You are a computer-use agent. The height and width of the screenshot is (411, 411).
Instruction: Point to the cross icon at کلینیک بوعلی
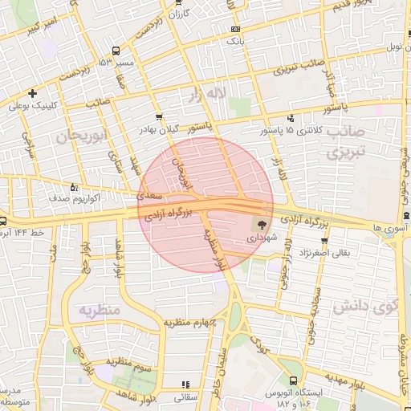[32, 93]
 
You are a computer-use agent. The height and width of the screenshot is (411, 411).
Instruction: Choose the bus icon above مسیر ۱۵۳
[118, 51]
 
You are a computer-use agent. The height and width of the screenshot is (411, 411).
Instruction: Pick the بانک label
[234, 39]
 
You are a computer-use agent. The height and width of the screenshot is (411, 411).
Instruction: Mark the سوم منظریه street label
[132, 368]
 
